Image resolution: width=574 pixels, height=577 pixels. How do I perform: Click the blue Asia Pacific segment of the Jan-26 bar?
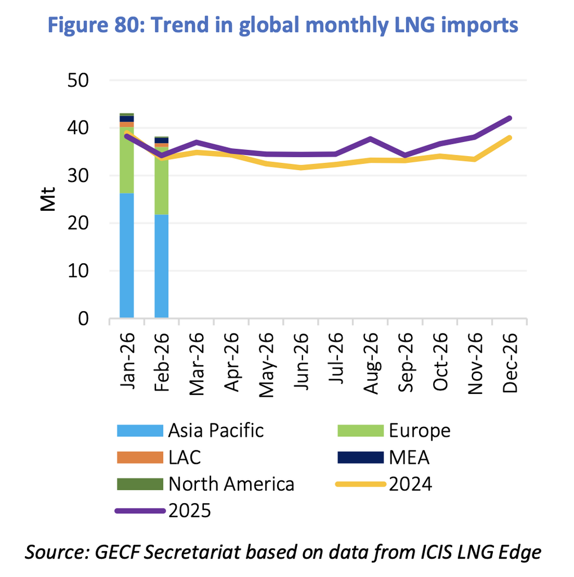point(126,256)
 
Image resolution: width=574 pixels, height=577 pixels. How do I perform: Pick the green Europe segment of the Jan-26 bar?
point(126,161)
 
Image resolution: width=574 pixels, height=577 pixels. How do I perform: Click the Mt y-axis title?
point(48,200)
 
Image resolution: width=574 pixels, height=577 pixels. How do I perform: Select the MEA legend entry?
point(408,458)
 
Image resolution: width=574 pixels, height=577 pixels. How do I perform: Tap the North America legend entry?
point(231,484)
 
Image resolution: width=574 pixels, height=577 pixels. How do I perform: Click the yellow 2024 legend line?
point(361,484)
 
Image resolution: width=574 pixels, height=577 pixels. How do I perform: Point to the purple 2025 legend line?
point(140,511)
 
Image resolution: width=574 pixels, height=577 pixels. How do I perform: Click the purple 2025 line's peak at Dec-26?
point(509,118)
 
